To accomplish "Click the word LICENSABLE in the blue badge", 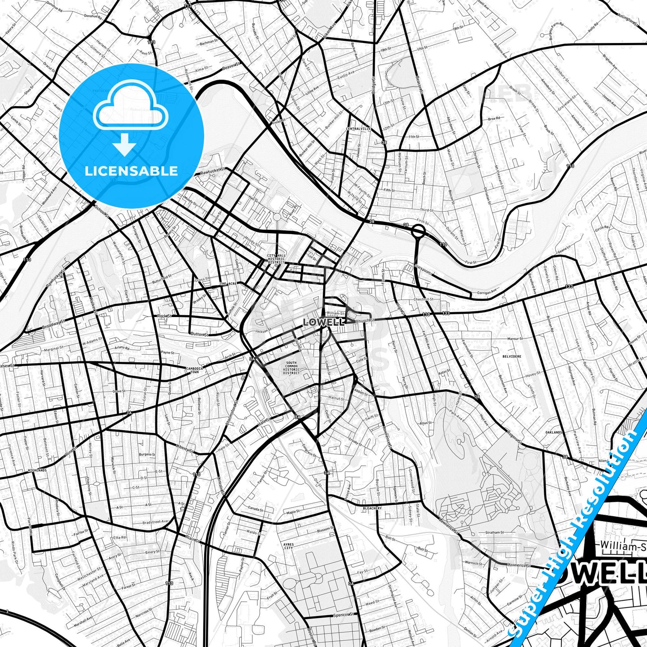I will click(x=131, y=171).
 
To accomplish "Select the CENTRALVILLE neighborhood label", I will click(x=358, y=129).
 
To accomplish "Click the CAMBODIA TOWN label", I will click(x=195, y=370).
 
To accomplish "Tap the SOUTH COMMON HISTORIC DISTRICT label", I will click(x=291, y=368).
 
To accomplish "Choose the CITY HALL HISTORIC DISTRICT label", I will click(x=276, y=259).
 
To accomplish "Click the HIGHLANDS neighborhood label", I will click(x=37, y=471).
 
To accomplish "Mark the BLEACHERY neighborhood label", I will click(x=372, y=508).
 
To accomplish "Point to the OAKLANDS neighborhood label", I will click(x=554, y=433).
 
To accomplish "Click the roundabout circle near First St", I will click(x=418, y=231).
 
